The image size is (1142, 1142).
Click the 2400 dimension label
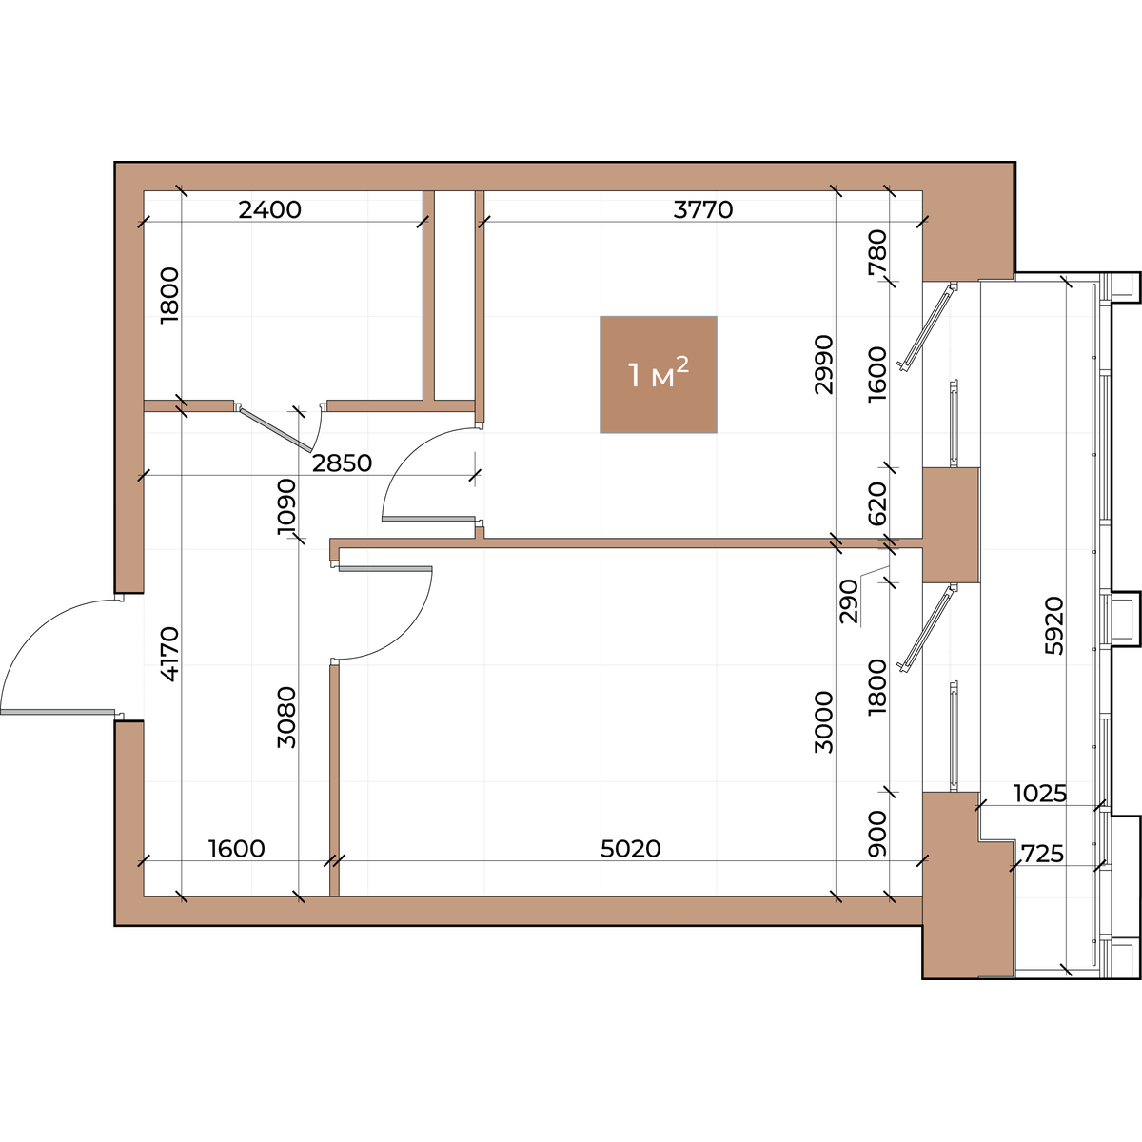269,209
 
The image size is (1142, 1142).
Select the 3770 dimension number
703,209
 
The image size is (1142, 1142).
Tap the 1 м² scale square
658,375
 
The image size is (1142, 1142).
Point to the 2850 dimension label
342,463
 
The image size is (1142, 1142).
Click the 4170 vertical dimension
169,654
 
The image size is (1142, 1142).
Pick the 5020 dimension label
631,849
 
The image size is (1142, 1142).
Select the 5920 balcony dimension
1054,626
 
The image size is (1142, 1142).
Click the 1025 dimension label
1040,794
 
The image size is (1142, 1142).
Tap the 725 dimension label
1043,854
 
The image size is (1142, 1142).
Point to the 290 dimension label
849,601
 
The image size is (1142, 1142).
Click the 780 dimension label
877,252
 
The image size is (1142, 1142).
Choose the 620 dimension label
877,503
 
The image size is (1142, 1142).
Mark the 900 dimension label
877,835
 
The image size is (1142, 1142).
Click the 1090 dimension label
286,506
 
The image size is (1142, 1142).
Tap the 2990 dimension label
824,364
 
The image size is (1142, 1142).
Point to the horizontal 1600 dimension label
236,849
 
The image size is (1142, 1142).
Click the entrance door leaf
57,711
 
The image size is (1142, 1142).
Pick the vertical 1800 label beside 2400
169,295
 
